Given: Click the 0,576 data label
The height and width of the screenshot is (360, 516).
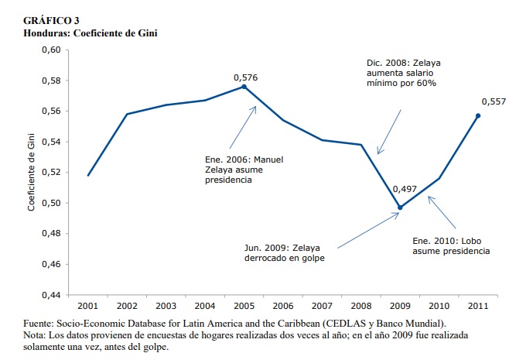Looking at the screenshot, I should [246, 77].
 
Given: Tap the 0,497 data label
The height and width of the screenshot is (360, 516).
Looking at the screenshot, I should [405, 189].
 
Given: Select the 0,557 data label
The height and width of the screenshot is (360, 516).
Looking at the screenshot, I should [494, 101].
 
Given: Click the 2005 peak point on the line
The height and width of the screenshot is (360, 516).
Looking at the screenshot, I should [244, 87].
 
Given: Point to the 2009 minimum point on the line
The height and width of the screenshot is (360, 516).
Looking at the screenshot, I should [400, 207].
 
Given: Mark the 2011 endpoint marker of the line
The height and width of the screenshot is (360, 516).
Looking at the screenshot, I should [478, 115].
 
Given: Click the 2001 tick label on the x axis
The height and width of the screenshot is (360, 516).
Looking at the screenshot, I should [87, 307].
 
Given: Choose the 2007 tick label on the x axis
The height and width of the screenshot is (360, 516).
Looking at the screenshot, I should [322, 307].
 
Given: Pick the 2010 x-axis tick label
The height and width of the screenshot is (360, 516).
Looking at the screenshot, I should [439, 307].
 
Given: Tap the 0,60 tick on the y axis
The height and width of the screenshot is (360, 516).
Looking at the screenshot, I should [50, 50].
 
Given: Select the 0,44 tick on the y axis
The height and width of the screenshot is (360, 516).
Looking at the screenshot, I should [50, 295].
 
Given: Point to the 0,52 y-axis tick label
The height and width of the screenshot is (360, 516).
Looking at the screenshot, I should [50, 173].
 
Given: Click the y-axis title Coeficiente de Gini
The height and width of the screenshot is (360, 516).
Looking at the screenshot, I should [32, 172].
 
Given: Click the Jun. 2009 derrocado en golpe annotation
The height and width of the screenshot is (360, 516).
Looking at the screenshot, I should [284, 252].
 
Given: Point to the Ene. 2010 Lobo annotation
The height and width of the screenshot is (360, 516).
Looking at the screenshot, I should [449, 245].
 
